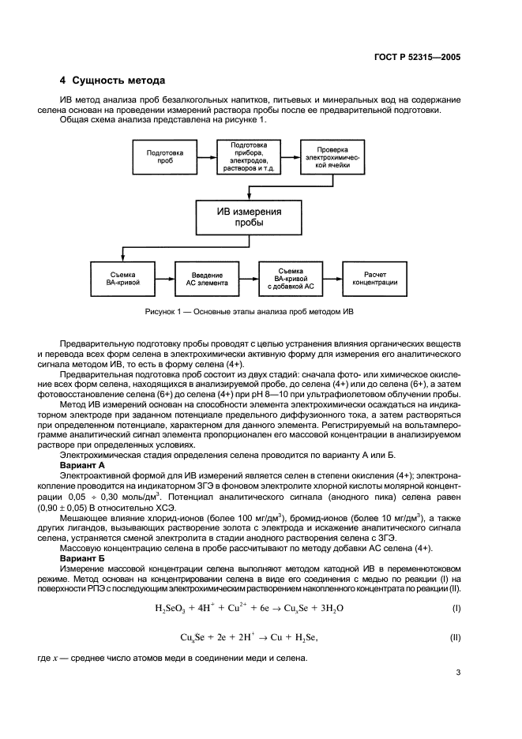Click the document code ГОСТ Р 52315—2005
pos(416,57)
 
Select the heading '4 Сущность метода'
pos(112,81)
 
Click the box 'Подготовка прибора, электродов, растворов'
pos(249,158)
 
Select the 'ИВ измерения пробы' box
pos(249,217)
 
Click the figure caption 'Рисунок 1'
pos(249,312)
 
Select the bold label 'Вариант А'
pos(84,467)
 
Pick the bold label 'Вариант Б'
pos(84,559)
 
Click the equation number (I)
pos(456,610)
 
